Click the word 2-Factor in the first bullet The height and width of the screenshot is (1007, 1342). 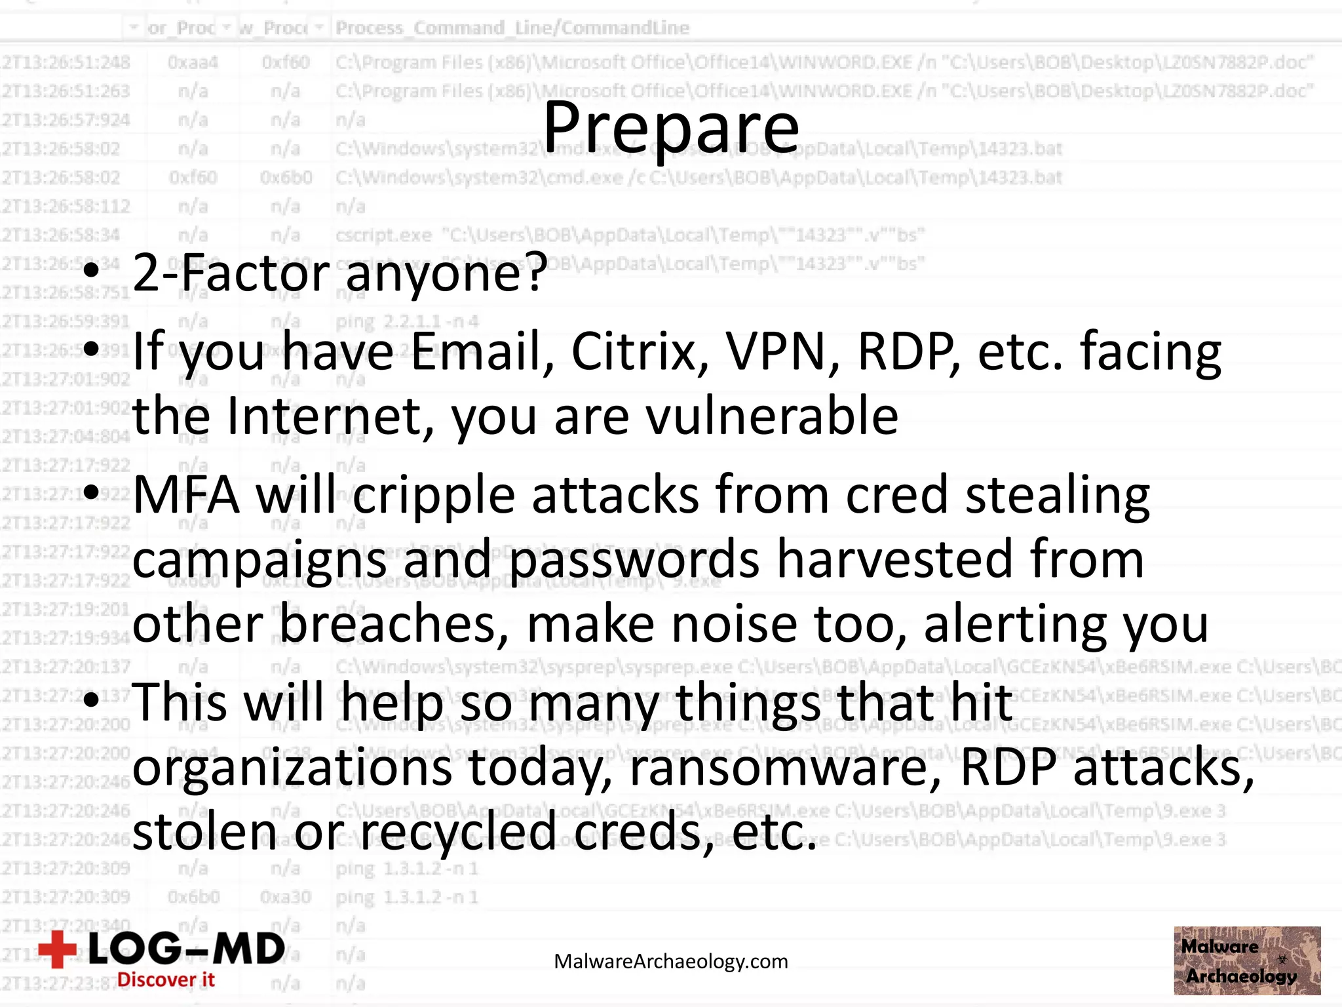[x=230, y=273]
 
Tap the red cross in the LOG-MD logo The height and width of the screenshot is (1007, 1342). [x=58, y=949]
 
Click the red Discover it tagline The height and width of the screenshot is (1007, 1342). [x=166, y=979]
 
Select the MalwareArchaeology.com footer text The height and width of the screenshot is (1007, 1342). [x=670, y=962]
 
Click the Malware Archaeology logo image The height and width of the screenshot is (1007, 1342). [x=1246, y=960]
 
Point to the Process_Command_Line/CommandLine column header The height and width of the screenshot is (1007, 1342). [x=512, y=28]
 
